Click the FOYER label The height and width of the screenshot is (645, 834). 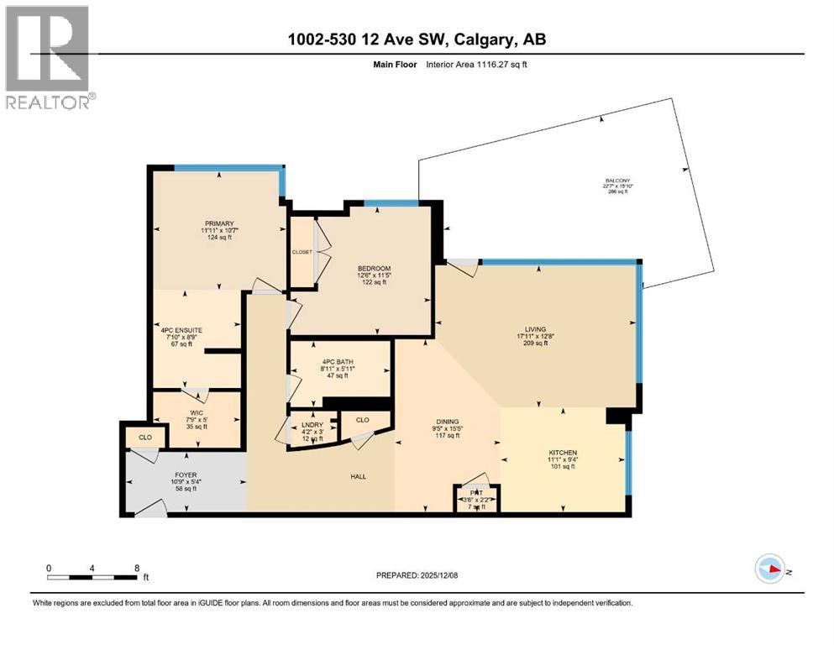coord(185,475)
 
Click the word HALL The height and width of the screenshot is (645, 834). coord(357,477)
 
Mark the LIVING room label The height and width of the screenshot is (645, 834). coord(535,329)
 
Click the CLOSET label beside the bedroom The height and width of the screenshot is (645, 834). coord(302,251)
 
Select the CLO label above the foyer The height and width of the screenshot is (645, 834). coord(145,437)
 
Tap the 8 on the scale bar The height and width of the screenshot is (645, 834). coord(137,567)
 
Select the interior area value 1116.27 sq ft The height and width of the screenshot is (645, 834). coord(490,64)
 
